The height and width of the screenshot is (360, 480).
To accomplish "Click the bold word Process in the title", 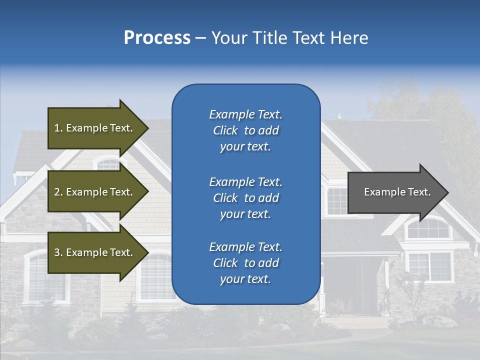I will point(157,37).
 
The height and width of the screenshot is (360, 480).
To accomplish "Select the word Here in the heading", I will point(349,37).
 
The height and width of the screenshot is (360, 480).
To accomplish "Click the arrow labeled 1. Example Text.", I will point(95,128).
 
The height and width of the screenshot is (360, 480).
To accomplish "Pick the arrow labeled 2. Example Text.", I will point(95,192).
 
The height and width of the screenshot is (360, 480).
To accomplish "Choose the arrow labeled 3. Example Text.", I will point(95,252).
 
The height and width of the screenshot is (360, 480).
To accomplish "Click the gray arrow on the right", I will point(395,192).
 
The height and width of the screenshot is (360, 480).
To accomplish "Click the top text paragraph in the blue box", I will point(245,130).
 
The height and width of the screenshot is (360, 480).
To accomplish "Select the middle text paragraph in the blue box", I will point(245,198).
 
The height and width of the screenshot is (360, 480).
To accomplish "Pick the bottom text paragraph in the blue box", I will point(245,263).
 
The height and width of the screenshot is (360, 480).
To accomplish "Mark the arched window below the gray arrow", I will point(428,229).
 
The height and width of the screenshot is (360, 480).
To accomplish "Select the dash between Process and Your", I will point(200,38).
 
